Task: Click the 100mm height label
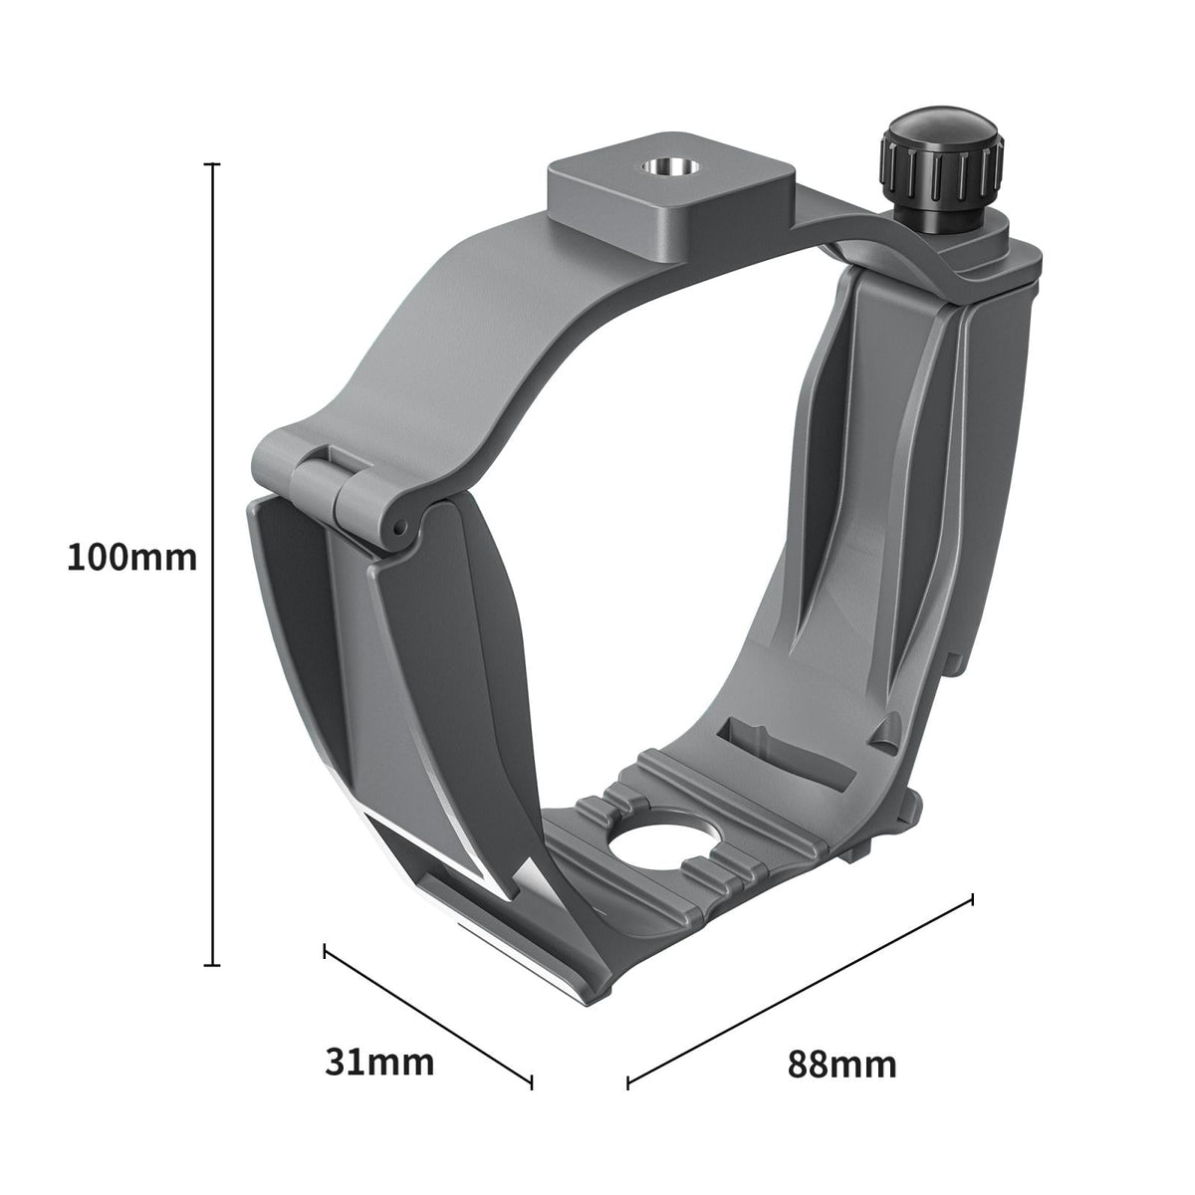click(131, 557)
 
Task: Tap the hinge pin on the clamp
click(397, 526)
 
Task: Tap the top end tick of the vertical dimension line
click(211, 163)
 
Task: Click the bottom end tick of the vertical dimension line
click(211, 964)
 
